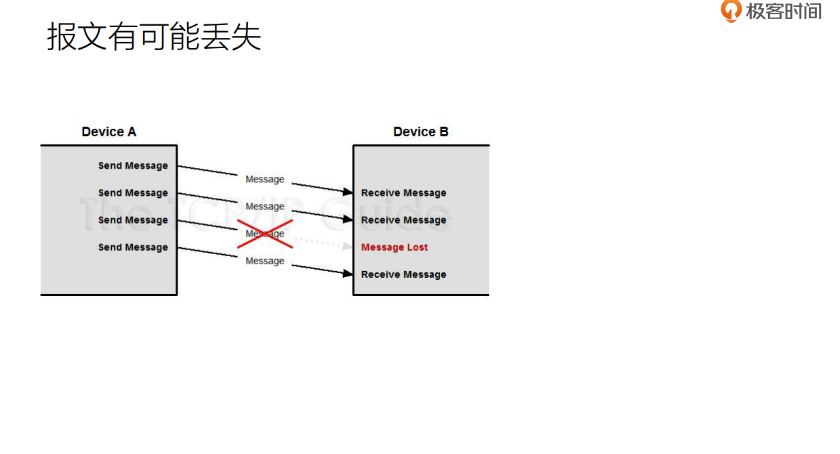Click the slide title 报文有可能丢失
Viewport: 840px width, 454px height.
point(154,37)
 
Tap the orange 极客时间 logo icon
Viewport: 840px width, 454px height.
point(731,11)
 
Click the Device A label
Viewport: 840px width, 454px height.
point(108,131)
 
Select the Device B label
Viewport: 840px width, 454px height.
point(420,131)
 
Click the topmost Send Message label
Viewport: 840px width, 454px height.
point(133,165)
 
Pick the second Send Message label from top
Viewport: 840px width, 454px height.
point(133,193)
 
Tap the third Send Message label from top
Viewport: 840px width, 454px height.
point(133,220)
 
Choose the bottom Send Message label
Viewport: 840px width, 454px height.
point(133,247)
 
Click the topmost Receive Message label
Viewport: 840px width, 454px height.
point(403,193)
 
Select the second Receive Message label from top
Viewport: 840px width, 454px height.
point(403,220)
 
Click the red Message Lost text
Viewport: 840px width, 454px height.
point(394,247)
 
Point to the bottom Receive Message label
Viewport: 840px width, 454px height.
point(403,274)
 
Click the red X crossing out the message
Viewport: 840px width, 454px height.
point(265,234)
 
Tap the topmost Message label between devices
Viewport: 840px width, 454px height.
point(265,180)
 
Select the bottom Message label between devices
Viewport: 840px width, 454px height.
point(265,261)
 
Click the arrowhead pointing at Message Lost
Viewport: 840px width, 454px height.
point(348,247)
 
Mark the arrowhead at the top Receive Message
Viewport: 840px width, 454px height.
point(348,192)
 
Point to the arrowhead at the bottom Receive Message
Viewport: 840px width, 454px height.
point(348,274)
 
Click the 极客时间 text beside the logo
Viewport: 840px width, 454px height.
point(784,11)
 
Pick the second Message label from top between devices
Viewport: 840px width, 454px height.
point(265,207)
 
